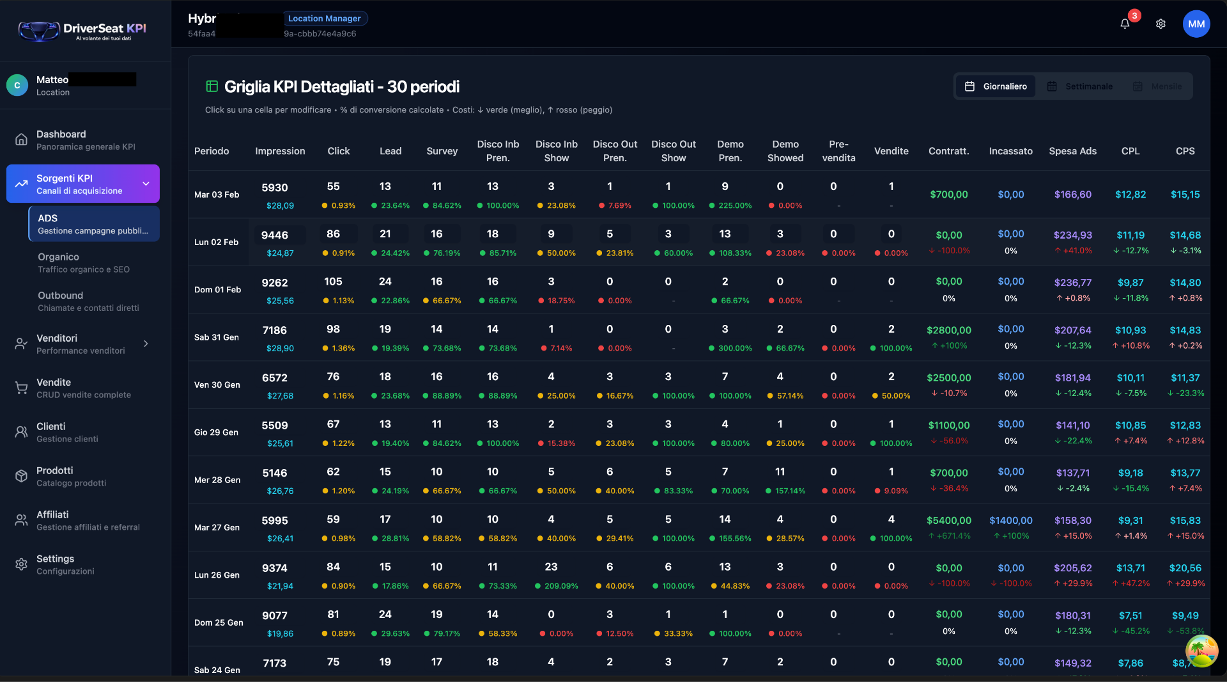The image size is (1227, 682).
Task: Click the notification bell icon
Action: [1125, 24]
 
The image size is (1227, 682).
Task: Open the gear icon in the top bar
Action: [1161, 24]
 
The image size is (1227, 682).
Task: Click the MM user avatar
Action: [1196, 24]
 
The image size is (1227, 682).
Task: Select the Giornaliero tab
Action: [996, 86]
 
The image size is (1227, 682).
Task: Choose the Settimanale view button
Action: [1080, 86]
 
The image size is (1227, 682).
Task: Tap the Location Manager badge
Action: [325, 19]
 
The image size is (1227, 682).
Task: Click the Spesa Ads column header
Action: [1072, 151]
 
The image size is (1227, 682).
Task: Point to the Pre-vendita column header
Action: [838, 151]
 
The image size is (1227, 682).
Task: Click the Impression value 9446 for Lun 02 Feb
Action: [275, 235]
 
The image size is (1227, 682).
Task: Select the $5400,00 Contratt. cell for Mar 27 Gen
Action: [949, 521]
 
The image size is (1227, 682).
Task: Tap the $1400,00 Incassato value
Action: [1010, 521]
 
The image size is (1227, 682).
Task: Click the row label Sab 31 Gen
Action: [217, 337]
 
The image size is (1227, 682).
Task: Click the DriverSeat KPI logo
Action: [83, 30]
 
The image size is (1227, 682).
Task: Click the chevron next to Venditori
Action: [146, 344]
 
